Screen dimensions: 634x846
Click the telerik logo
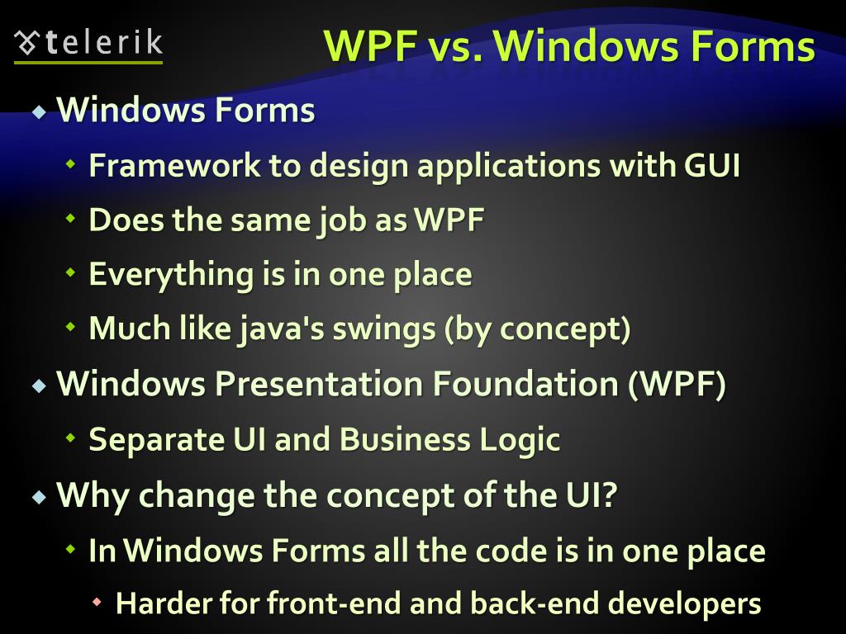pos(88,43)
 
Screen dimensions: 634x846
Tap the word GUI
pos(711,166)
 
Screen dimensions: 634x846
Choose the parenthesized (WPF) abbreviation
pos(677,385)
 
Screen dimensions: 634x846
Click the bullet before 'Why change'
pos(39,496)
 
